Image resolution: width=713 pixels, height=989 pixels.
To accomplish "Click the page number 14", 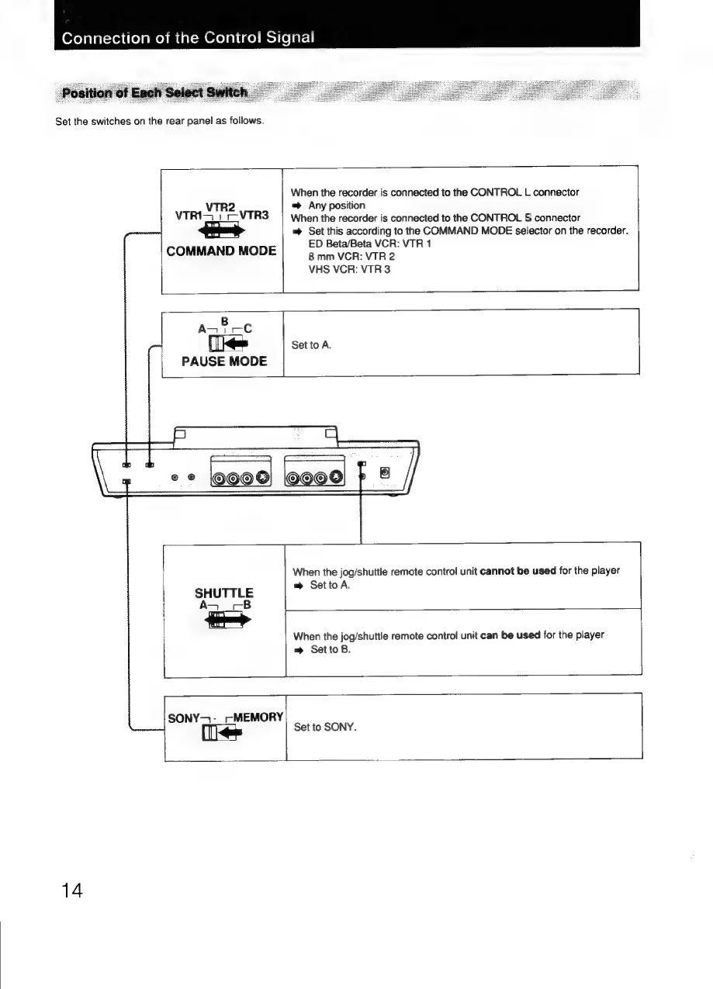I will click(x=70, y=889).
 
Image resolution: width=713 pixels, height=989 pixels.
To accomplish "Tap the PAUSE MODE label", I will click(x=223, y=361).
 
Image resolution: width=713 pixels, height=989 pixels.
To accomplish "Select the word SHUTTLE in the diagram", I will click(x=223, y=593).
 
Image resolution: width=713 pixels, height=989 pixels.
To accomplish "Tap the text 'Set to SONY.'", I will click(x=325, y=728).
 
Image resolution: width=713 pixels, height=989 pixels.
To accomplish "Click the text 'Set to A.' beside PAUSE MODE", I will click(x=311, y=345).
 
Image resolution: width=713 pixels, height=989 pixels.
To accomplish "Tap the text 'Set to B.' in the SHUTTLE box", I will click(x=330, y=649).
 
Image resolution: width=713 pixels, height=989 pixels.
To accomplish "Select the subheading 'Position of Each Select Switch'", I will click(x=155, y=93).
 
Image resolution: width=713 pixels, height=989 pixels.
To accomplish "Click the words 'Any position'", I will click(x=337, y=206).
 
